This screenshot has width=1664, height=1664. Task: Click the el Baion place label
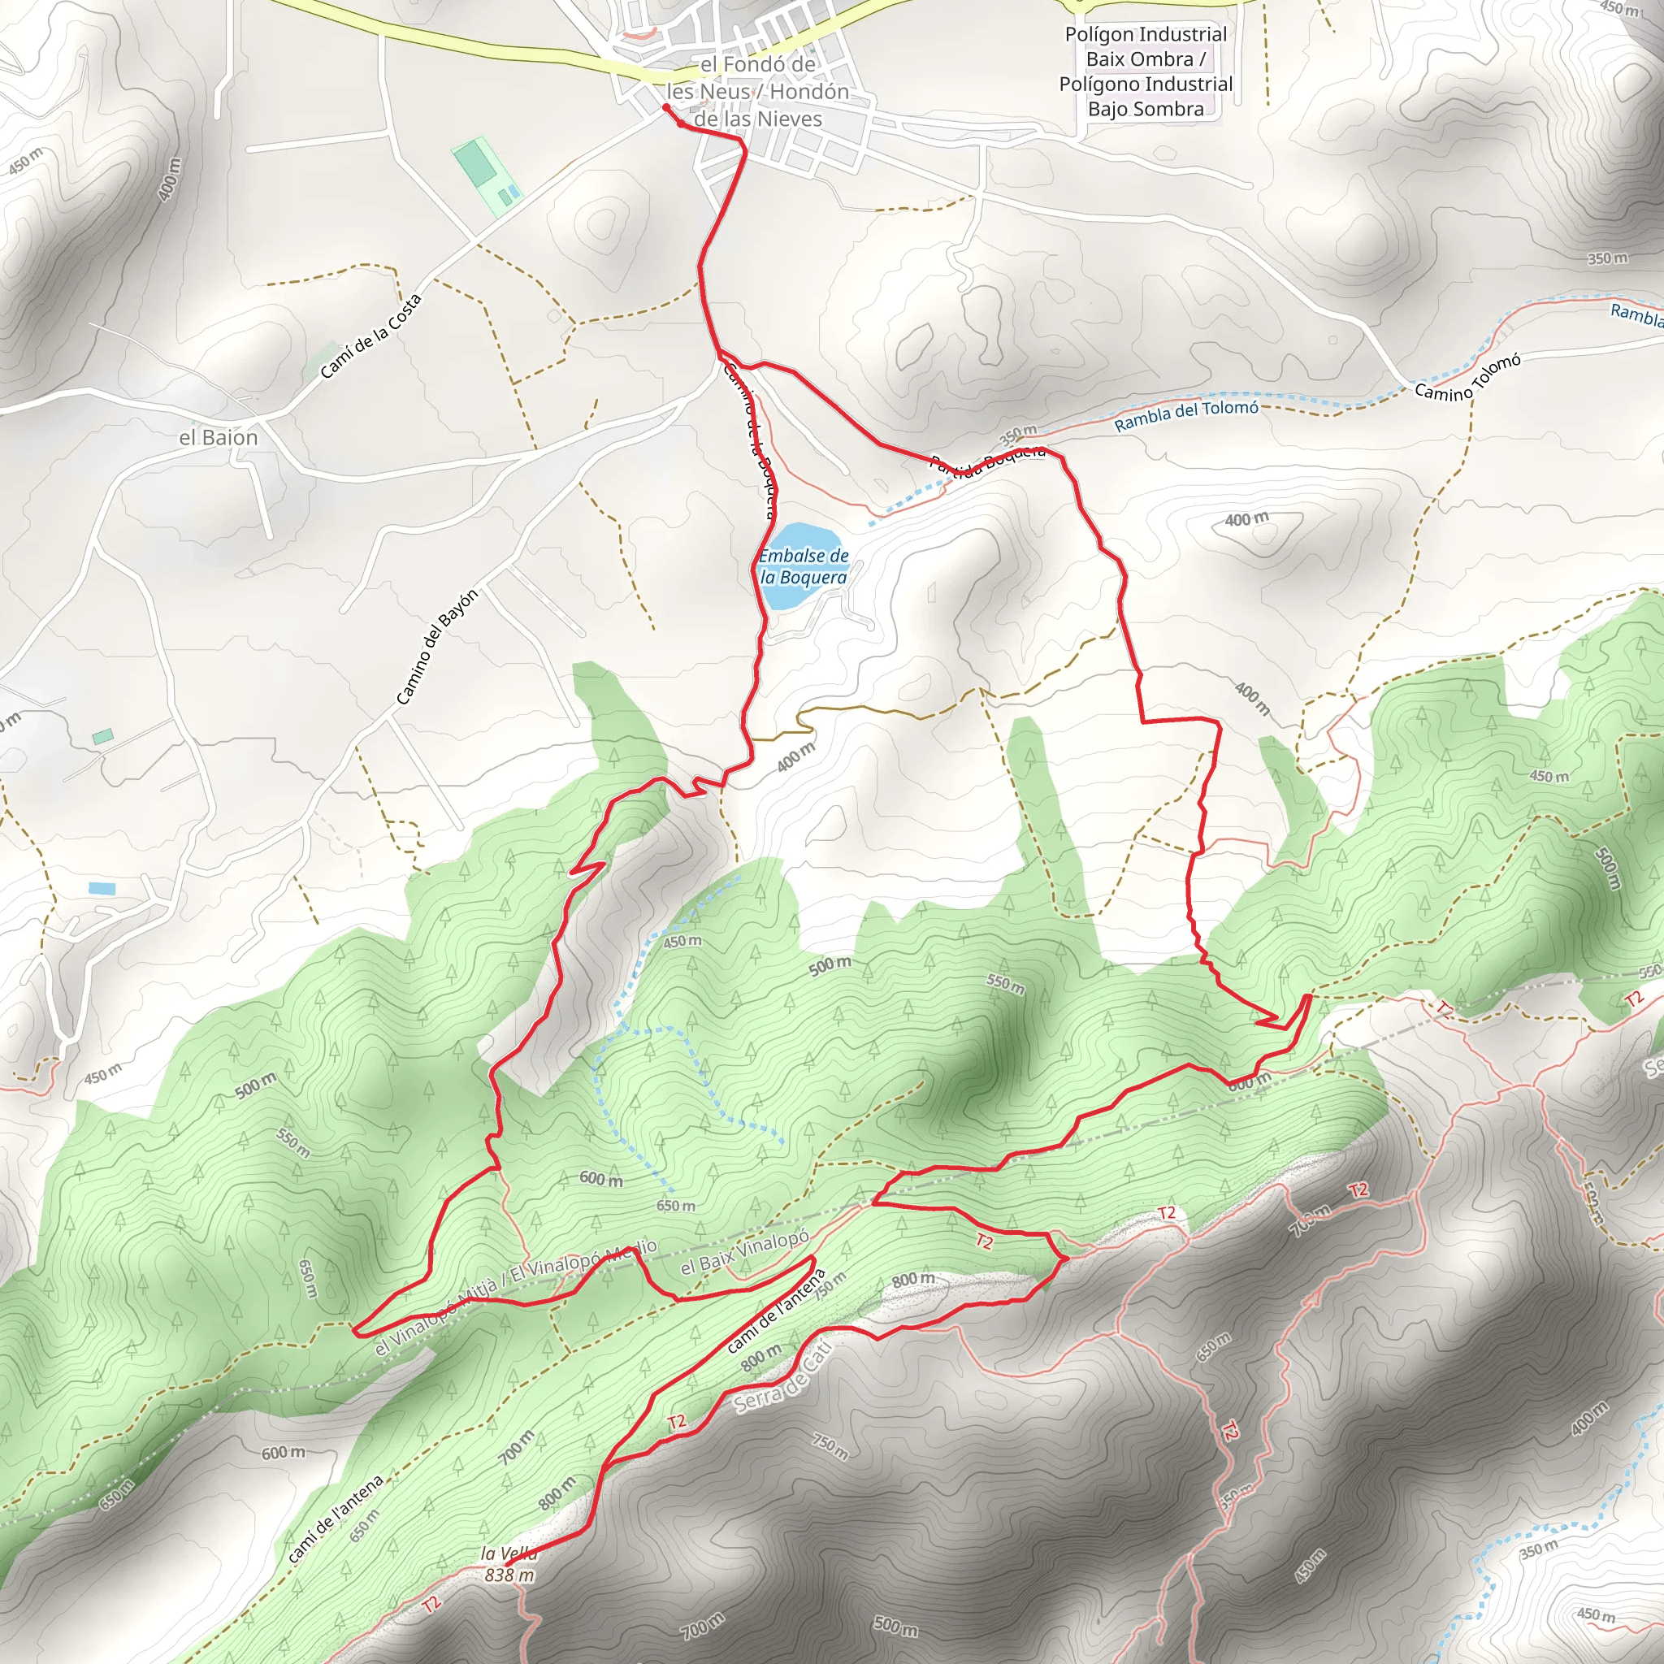218,438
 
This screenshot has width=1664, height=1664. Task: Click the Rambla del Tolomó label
1186,415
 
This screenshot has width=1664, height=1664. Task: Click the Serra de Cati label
783,1378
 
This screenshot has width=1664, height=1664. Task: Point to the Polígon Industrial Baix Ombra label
1146,71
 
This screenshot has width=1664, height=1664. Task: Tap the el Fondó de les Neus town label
757,91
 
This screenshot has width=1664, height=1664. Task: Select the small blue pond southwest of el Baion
101,887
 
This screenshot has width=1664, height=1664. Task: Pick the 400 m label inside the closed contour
1246,519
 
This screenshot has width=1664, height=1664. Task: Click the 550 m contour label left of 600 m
292,1142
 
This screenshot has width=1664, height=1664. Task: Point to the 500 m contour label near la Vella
895,1625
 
